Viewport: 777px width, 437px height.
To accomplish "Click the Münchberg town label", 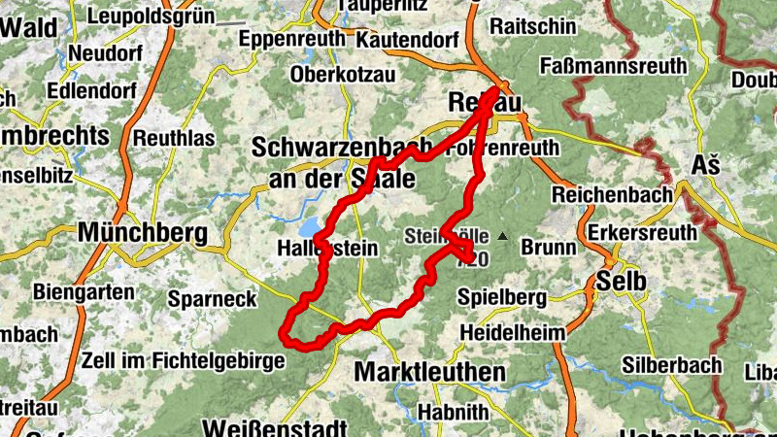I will [x=143, y=233].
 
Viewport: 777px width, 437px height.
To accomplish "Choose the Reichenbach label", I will [x=612, y=194].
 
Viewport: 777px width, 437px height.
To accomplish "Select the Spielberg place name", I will [x=501, y=296].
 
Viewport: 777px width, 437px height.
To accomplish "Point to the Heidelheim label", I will [x=512, y=333].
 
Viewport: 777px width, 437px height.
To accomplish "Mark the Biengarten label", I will [x=80, y=290].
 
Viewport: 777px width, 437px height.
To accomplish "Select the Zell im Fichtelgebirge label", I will [x=184, y=360].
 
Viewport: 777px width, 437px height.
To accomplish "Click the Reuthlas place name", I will [x=173, y=138].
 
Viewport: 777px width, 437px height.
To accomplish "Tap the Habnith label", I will [x=453, y=412].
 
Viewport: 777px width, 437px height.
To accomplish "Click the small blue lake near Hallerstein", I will [x=310, y=229].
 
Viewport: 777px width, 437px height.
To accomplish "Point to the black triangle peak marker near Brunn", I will [x=502, y=236].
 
